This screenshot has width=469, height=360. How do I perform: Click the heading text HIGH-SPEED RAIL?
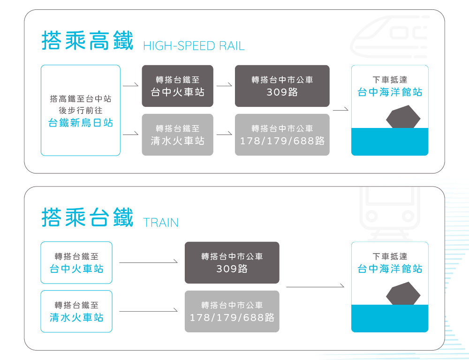[194, 46]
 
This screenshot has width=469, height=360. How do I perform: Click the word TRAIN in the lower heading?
[161, 222]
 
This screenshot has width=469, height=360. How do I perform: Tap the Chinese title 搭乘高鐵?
[88, 40]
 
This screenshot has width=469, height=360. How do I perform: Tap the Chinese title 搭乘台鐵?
[88, 217]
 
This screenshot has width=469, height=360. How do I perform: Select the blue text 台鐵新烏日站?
[81, 123]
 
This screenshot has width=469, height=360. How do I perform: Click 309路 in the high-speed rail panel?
[282, 92]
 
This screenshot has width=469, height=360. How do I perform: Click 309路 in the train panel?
[232, 269]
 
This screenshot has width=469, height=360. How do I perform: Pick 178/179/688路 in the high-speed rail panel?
[282, 141]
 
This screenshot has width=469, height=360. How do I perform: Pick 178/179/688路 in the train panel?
[232, 317]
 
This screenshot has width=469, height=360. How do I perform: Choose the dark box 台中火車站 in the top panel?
[177, 86]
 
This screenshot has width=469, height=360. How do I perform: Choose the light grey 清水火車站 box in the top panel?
[177, 135]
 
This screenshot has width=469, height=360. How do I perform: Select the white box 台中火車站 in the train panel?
[76, 262]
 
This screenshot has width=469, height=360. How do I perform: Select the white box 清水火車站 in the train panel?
[76, 311]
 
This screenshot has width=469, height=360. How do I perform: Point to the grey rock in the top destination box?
[403, 117]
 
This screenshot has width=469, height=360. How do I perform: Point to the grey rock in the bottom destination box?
[403, 294]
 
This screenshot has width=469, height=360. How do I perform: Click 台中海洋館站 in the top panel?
[390, 92]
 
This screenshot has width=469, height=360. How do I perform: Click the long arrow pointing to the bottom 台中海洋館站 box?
[315, 286]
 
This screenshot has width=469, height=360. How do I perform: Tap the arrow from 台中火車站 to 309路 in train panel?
[148, 262]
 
